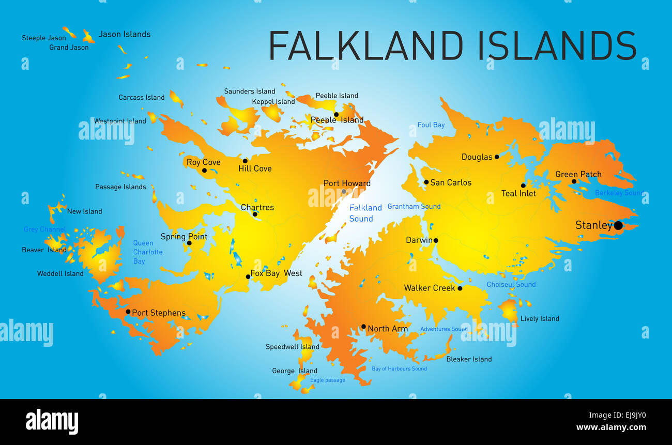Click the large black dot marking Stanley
tap(618, 225)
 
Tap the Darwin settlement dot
tap(436, 240)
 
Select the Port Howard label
tap(347, 183)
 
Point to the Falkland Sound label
tap(365, 213)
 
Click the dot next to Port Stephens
tap(128, 312)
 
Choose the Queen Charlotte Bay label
tap(147, 252)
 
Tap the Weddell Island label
tap(60, 273)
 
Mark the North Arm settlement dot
tap(363, 327)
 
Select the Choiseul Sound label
tap(511, 284)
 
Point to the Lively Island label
tap(539, 318)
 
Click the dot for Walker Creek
tap(460, 288)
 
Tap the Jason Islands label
tap(125, 34)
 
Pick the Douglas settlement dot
tap(497, 157)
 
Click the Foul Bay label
tap(431, 125)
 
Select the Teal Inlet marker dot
tap(523, 186)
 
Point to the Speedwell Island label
tap(292, 347)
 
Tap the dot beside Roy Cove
tap(204, 171)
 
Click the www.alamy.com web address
tap(611, 427)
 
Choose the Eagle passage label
tap(327, 380)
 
